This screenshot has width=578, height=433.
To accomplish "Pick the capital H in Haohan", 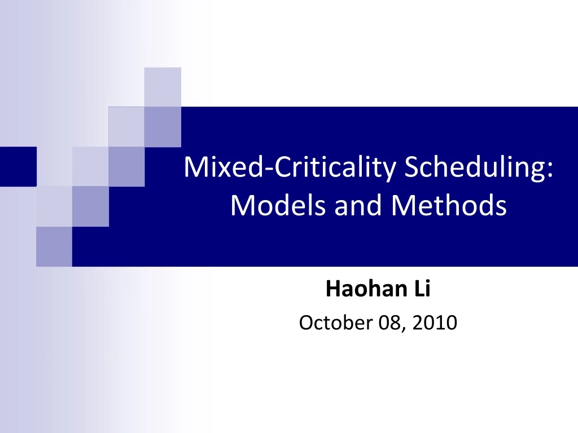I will click(332, 289).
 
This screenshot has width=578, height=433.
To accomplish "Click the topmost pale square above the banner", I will click(163, 86).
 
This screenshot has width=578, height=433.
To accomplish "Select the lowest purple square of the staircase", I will click(54, 246).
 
